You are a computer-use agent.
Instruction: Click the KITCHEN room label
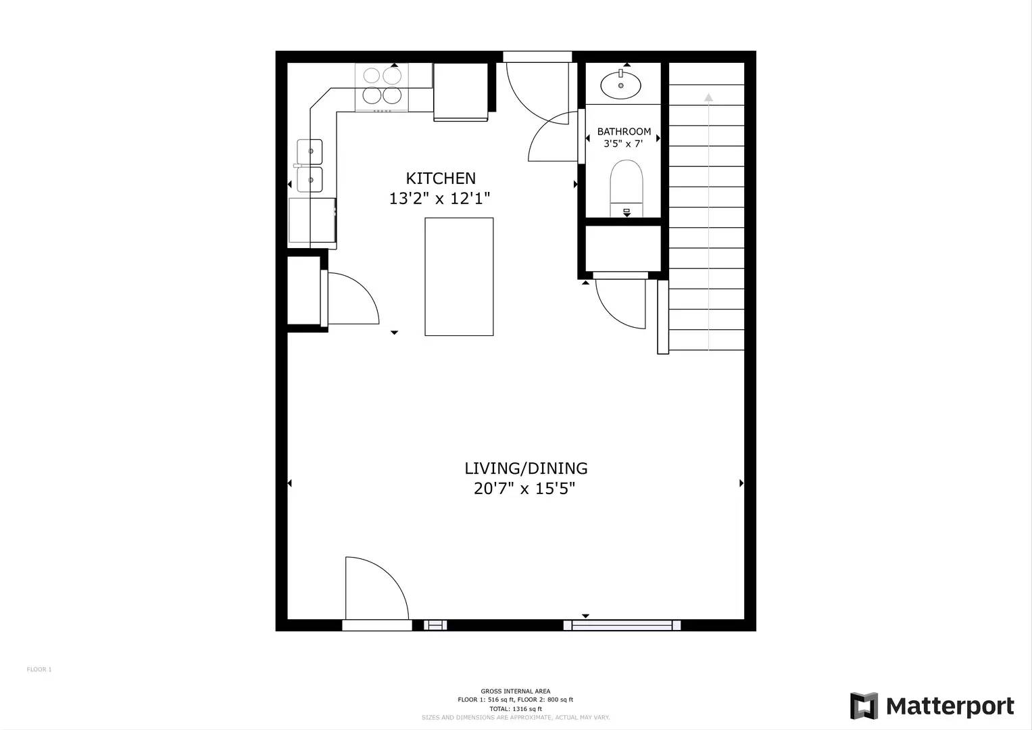click(x=440, y=178)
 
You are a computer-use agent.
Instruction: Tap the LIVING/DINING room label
click(x=526, y=468)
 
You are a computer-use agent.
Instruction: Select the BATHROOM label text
click(x=624, y=132)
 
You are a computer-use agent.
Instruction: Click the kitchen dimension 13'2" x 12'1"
click(x=439, y=199)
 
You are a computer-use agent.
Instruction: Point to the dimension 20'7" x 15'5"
click(x=524, y=489)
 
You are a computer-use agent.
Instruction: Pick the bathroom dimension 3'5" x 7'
click(x=622, y=144)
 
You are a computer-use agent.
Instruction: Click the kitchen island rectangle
click(x=459, y=276)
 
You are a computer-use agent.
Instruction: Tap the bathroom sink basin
click(x=620, y=85)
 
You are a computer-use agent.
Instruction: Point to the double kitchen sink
click(x=310, y=166)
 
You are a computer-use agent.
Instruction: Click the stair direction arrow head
click(x=708, y=97)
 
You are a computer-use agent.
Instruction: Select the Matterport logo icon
click(x=864, y=706)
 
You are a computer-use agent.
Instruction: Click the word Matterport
click(x=950, y=707)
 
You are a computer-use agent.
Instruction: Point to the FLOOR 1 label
click(x=39, y=670)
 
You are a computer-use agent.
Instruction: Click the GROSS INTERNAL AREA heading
click(x=515, y=691)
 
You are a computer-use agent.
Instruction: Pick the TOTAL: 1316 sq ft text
click(x=515, y=709)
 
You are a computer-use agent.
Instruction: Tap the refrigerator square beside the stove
click(x=461, y=91)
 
